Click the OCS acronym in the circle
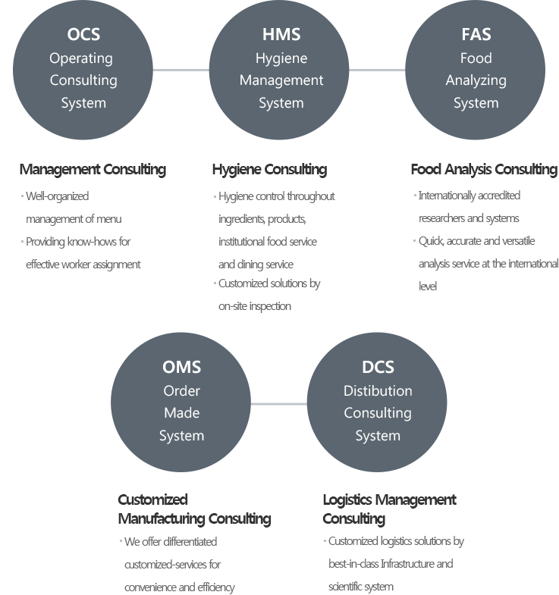coord(83,35)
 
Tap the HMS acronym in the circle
coord(281,35)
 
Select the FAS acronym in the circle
coord(476,35)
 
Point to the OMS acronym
coord(181,368)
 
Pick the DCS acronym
coord(378,368)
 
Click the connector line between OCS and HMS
coord(181,70)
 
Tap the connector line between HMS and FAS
coord(378,70)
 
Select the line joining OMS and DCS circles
coord(279,403)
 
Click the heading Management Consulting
coord(93,169)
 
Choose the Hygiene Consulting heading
coord(269,169)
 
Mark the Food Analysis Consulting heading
coord(484,169)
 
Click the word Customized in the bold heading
coord(152,499)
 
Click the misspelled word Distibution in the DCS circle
coord(378,391)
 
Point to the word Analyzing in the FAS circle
coord(476,80)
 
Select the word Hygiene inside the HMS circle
coord(281,58)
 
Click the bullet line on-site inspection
coord(255,306)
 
